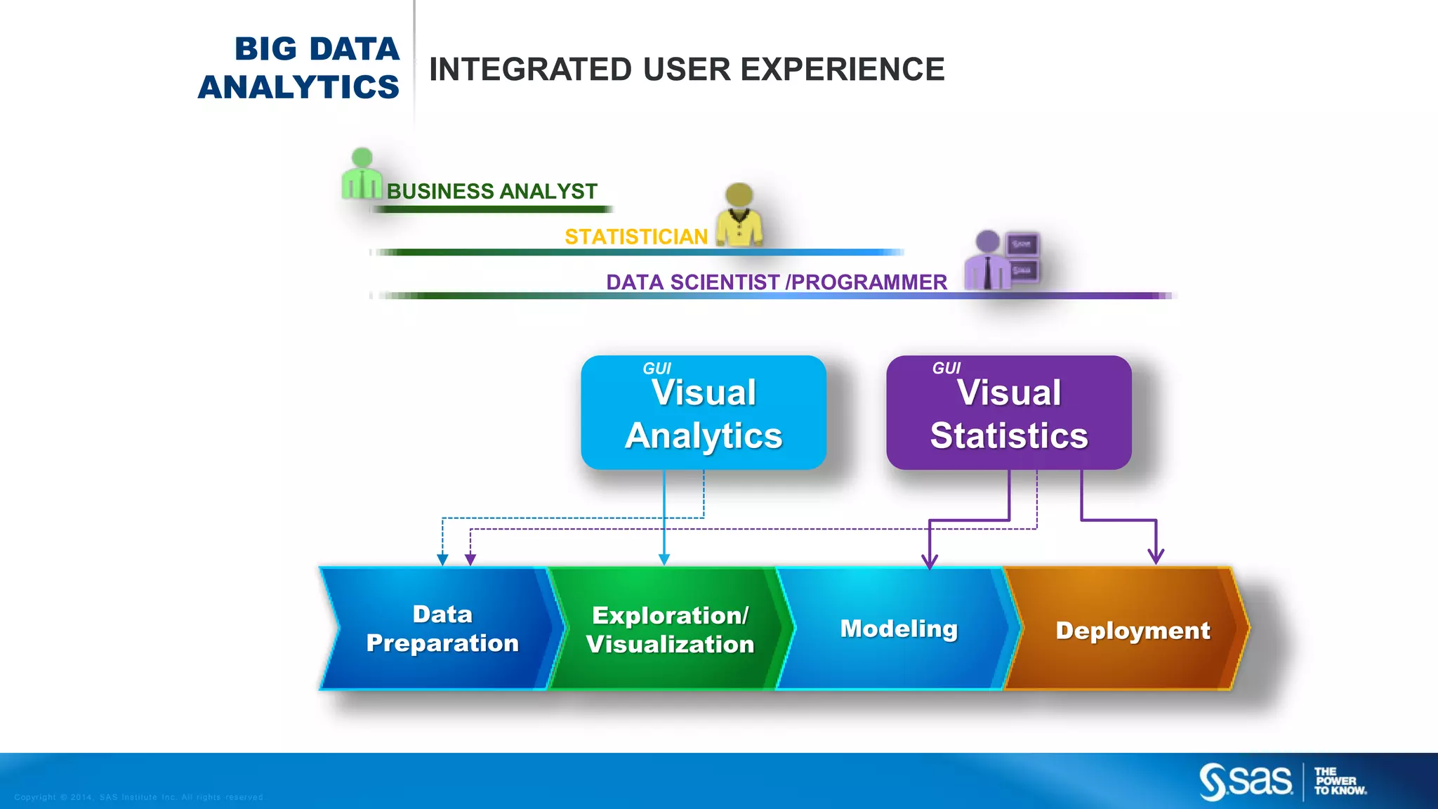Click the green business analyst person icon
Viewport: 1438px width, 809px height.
(362, 174)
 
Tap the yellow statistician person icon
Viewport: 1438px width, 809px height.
(739, 216)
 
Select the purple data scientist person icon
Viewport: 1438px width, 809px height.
(989, 261)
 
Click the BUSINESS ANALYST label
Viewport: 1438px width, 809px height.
(492, 191)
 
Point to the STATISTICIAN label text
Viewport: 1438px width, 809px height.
(635, 237)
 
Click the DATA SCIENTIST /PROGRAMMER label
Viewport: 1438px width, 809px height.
(776, 282)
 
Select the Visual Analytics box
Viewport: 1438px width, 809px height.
(703, 413)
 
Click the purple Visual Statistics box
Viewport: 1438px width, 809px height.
(1008, 413)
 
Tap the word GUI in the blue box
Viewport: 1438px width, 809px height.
(657, 368)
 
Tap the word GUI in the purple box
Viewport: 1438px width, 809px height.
(946, 368)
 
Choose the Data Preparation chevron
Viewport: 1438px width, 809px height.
(442, 629)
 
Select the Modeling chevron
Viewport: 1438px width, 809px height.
(898, 629)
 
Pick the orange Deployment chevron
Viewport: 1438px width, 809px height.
(1131, 630)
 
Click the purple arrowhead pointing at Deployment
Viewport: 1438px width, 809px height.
(1156, 556)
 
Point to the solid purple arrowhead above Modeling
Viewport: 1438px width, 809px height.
(930, 560)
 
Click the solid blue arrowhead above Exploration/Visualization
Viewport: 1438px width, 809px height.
(664, 559)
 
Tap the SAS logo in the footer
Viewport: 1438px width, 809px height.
(1246, 782)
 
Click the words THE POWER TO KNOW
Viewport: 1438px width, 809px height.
(1340, 781)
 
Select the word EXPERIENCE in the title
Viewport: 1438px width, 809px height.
(842, 70)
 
